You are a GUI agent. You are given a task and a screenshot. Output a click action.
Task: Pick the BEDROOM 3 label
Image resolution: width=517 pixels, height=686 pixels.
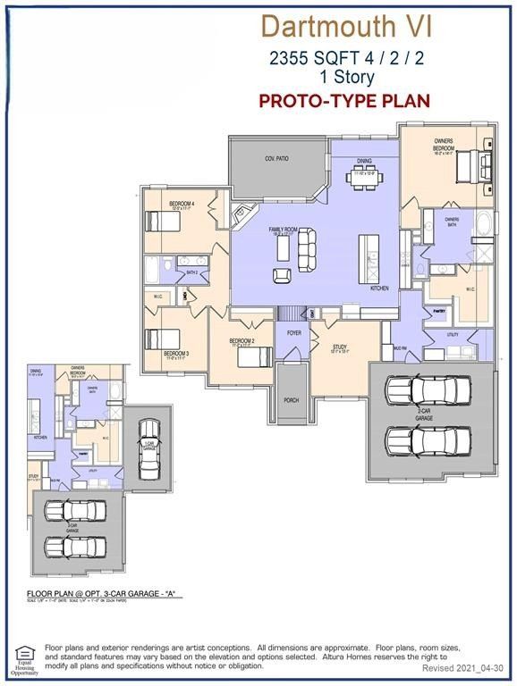(175, 354)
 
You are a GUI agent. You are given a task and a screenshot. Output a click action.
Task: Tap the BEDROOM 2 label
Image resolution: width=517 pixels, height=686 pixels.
(242, 341)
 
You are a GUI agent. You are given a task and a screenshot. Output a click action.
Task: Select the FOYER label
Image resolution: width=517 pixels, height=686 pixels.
(292, 332)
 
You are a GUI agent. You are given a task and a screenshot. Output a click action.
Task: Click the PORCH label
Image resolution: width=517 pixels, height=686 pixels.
(291, 400)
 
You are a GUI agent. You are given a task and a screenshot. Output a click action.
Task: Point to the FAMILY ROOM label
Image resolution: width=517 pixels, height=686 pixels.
(288, 230)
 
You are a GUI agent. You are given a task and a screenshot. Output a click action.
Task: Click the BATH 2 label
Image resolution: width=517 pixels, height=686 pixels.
(191, 272)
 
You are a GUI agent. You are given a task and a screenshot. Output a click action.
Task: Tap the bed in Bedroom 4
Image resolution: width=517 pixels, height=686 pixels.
(163, 221)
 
